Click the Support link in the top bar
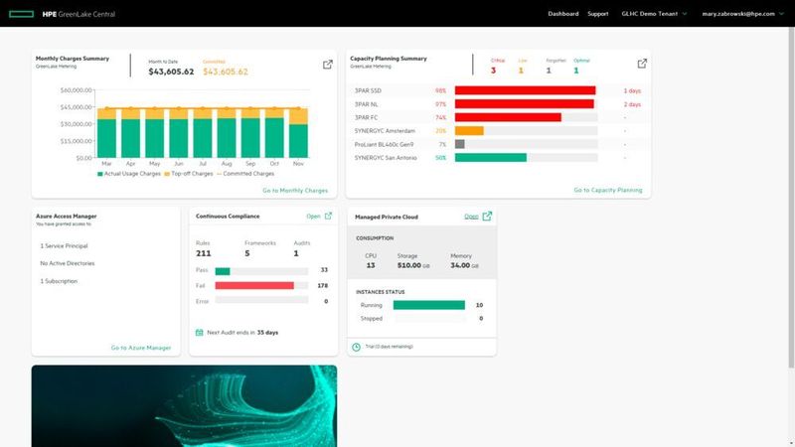[597, 14]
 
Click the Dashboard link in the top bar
[562, 14]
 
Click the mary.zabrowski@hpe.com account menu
[744, 14]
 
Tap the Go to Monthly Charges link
[294, 190]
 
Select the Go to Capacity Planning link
[607, 190]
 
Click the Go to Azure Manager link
[140, 348]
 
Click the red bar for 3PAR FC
[508, 117]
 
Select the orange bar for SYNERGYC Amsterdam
[469, 130]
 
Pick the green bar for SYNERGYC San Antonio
[490, 157]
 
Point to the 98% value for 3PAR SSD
[440, 90]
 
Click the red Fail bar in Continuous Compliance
[254, 285]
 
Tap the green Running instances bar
[428, 305]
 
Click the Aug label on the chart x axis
[227, 164]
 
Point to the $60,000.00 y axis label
[77, 90]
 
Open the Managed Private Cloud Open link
[471, 216]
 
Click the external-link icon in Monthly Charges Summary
[328, 65]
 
